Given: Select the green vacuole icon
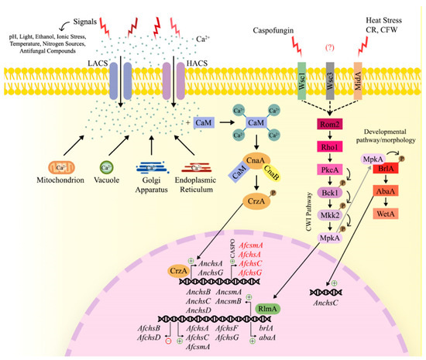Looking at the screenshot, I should (109, 168).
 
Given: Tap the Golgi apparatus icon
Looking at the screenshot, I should (158, 168).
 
